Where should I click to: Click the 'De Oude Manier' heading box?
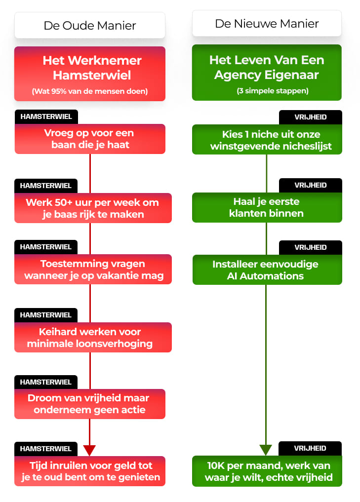(x=90, y=25)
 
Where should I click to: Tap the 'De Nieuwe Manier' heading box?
(x=267, y=23)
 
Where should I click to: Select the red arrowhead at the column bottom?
(x=89, y=450)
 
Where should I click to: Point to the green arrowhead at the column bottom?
(x=266, y=450)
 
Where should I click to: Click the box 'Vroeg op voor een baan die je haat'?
(x=90, y=139)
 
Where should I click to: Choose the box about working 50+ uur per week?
(x=93, y=208)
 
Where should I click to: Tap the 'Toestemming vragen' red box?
(x=93, y=269)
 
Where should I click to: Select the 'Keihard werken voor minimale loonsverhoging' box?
(x=93, y=338)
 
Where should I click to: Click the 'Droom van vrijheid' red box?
(x=90, y=404)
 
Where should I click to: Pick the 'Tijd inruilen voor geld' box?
(x=90, y=471)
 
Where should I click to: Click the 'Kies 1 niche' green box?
(x=267, y=140)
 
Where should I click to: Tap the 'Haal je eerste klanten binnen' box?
(x=267, y=207)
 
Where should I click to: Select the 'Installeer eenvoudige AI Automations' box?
(x=267, y=270)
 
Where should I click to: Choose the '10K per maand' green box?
(x=267, y=471)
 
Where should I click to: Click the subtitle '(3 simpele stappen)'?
(x=273, y=91)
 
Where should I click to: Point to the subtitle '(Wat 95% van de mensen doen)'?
(x=90, y=91)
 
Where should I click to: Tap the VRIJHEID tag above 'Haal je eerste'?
(x=310, y=186)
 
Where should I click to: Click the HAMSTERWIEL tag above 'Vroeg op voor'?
(x=46, y=117)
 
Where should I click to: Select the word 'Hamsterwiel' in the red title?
(x=92, y=75)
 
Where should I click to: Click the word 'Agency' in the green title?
(x=238, y=75)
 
